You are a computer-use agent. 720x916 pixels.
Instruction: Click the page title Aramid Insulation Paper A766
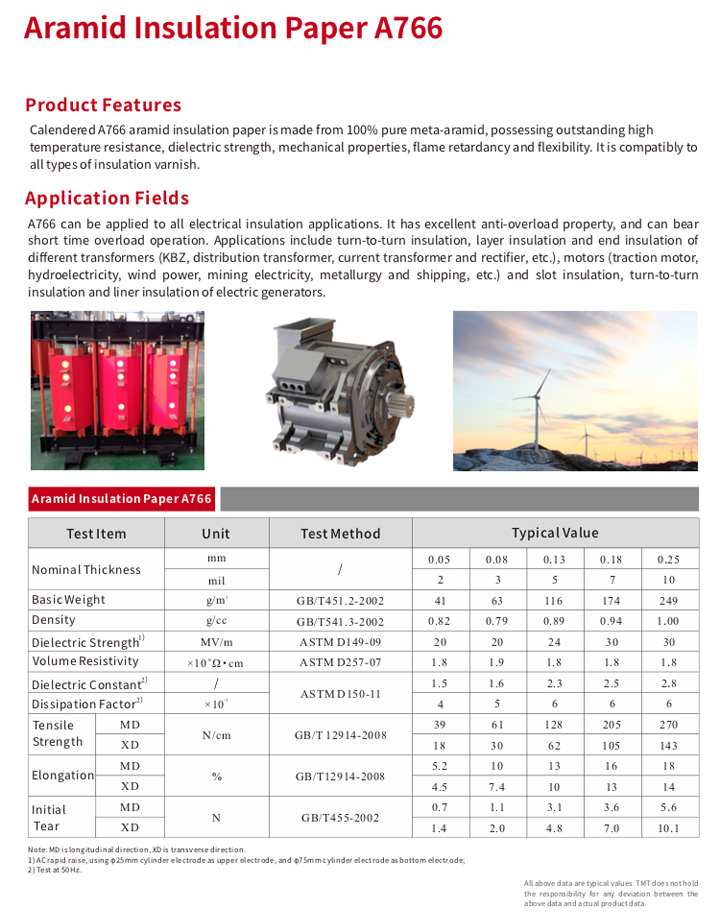point(233,28)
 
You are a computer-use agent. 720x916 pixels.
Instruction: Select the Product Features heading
point(103,105)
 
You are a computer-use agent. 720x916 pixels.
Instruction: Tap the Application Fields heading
point(107,198)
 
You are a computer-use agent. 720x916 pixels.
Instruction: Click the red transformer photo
point(117,389)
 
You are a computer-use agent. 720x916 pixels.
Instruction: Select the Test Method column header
point(340,534)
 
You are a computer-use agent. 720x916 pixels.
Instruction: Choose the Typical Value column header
point(555,533)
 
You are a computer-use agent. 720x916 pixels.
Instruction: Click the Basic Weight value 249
point(668,601)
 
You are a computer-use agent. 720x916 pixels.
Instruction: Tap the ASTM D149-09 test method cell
point(340,642)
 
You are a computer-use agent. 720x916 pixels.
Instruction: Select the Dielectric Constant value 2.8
point(668,684)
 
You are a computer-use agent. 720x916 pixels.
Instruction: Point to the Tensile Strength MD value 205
point(611,724)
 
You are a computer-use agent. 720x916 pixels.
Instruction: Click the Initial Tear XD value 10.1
point(668,828)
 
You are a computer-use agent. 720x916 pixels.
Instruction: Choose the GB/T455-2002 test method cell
point(340,817)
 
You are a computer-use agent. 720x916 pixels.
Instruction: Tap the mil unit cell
point(216,580)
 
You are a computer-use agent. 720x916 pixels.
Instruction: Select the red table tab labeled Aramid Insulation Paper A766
point(121,499)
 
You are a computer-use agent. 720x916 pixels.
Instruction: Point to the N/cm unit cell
point(216,734)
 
